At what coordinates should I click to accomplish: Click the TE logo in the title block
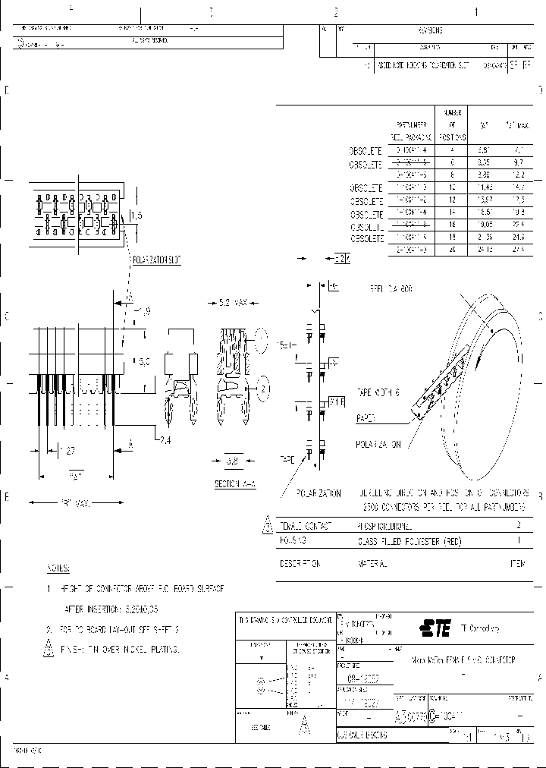[435, 628]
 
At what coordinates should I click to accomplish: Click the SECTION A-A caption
[234, 483]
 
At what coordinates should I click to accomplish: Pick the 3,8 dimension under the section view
[234, 460]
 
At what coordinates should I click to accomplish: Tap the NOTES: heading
[58, 568]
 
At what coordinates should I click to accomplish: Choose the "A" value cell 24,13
[483, 249]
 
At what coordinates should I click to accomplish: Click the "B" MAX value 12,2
[518, 174]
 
